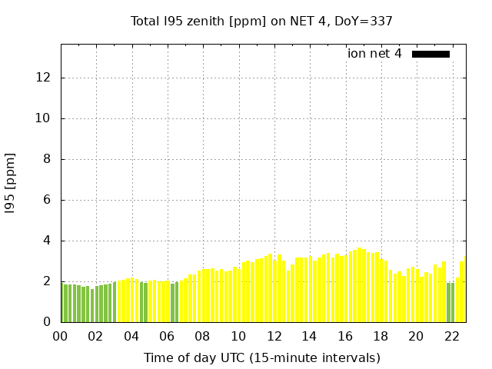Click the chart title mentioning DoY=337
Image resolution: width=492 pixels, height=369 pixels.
[x=261, y=22]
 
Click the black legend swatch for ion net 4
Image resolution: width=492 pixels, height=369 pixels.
[x=430, y=54]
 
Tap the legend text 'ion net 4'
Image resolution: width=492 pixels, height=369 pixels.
[x=374, y=54]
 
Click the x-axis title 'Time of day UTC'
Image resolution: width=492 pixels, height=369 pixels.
[x=261, y=357]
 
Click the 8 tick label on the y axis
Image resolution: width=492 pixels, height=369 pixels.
[x=48, y=159]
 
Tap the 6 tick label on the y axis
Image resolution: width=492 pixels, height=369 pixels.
[x=48, y=200]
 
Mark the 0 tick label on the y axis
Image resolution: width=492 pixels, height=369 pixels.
[x=48, y=322]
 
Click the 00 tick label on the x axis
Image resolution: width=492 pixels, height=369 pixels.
[x=60, y=336]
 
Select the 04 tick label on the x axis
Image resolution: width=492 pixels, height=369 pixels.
[x=131, y=336]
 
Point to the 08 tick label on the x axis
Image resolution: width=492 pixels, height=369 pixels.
[x=202, y=336]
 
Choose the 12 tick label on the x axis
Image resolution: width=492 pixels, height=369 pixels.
[x=274, y=336]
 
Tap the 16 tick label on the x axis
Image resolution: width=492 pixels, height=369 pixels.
[x=344, y=336]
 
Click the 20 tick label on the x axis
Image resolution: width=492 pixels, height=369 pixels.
[x=416, y=336]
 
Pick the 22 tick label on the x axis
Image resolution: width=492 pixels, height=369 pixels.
[x=451, y=336]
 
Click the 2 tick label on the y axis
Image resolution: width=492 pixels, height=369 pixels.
[x=48, y=281]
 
